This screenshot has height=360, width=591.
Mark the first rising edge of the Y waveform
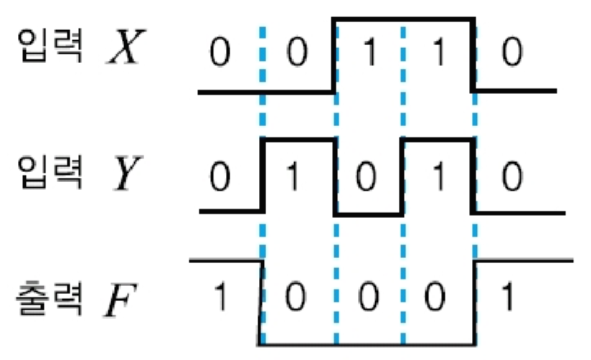(264, 175)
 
